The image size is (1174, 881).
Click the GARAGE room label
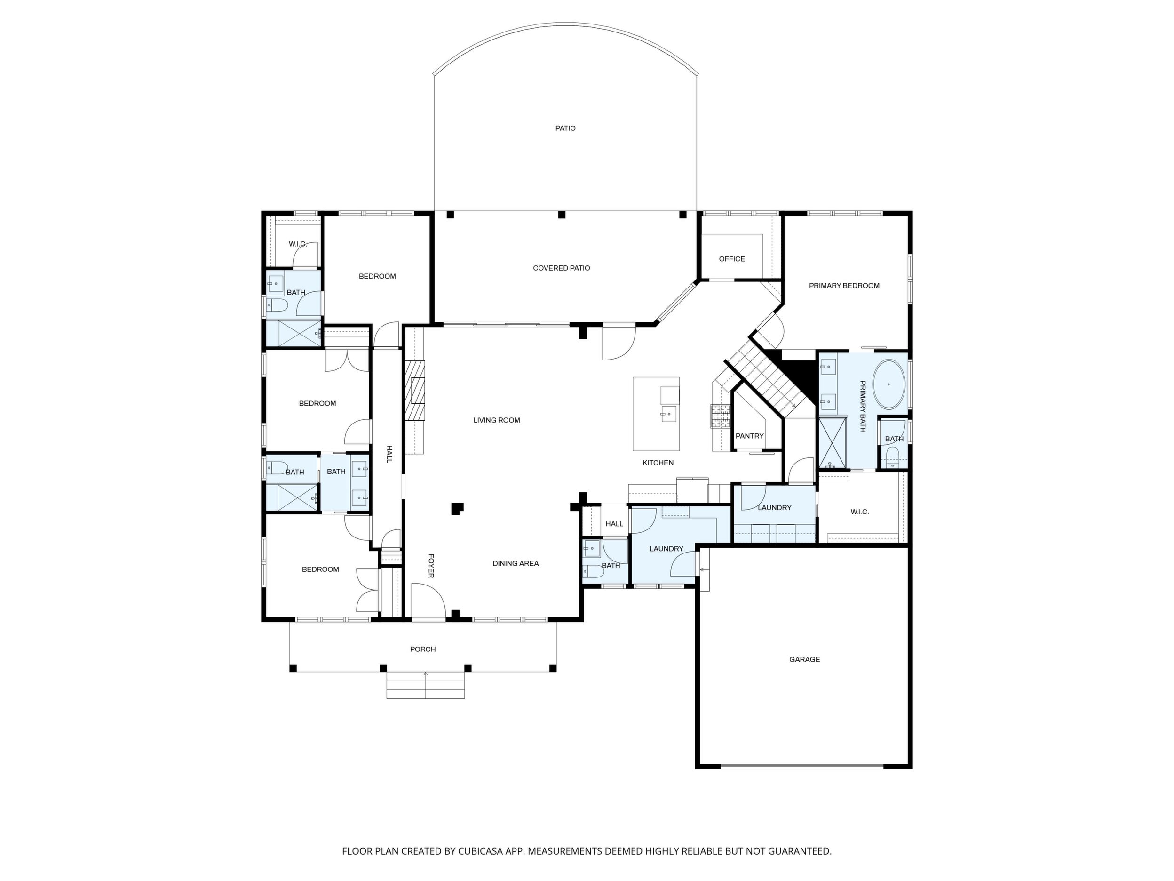(804, 659)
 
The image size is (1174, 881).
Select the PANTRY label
(749, 436)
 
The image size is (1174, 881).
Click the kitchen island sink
(669, 413)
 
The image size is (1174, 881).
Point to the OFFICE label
(732, 259)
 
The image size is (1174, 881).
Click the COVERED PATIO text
(562, 268)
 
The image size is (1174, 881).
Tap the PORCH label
(423, 649)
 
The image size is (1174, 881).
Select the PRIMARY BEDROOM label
(844, 286)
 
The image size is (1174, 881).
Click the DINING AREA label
(516, 563)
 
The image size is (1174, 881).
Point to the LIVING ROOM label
(497, 420)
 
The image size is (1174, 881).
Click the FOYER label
(431, 566)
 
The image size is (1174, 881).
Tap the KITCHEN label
(658, 463)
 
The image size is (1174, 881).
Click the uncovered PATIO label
(565, 128)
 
